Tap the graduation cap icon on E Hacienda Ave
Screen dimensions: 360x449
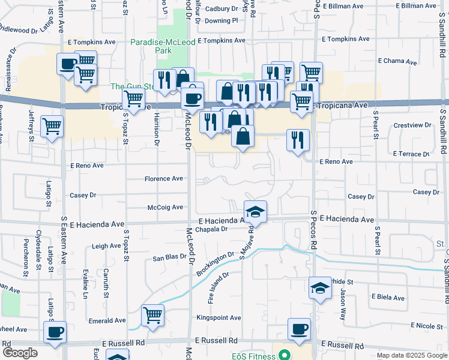255,211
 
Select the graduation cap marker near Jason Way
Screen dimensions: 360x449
320,289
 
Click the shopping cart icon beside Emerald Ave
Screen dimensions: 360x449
153,315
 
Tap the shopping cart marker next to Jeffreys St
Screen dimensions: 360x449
52,127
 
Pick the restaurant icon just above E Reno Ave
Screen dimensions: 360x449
298,140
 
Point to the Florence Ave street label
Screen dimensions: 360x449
163,179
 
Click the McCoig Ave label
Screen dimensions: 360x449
165,208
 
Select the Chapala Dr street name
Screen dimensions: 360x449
212,229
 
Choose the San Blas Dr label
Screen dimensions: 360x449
169,257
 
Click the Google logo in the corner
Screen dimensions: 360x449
20,353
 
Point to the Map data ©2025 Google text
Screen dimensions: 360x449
411,355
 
